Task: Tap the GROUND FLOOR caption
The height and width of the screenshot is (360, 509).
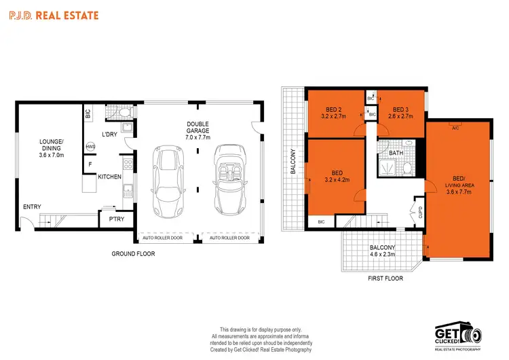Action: click(134, 254)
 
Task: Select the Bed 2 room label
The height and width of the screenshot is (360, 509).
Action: click(333, 111)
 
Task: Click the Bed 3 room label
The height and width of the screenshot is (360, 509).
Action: click(399, 111)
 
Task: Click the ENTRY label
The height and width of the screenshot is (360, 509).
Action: click(31, 206)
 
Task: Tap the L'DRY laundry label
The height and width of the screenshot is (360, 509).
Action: click(111, 134)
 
